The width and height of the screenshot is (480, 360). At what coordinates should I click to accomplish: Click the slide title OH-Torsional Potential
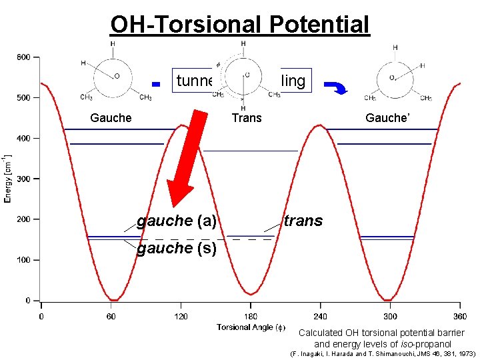coord(239,25)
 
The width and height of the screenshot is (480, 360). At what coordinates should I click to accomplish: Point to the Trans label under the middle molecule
coord(246,118)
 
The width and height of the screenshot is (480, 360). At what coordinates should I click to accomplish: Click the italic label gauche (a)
coord(176,220)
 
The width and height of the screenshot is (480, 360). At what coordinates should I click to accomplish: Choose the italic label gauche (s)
coord(176,249)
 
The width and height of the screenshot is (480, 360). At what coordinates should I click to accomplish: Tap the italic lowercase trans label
coord(303,220)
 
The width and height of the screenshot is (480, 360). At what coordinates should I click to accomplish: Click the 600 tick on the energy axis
coord(23,57)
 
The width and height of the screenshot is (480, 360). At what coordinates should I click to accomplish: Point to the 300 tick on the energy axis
coord(23,179)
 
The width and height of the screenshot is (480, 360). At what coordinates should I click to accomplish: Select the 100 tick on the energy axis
coord(23,260)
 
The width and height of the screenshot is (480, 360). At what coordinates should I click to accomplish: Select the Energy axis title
coord(9,179)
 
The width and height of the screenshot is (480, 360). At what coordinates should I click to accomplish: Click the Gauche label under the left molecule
coord(111,118)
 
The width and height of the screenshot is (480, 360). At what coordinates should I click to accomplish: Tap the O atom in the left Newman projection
coord(117,76)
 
